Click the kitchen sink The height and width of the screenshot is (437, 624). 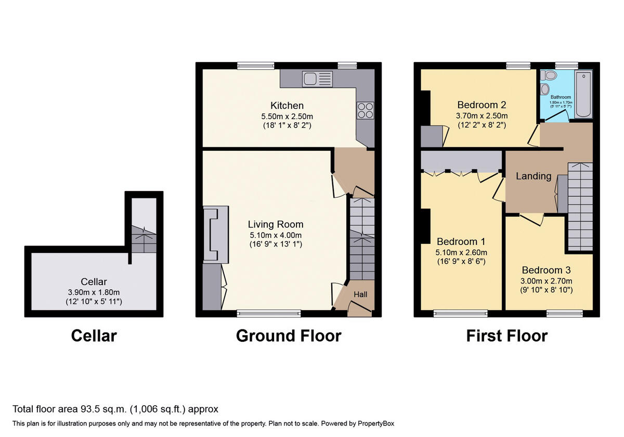[318, 80]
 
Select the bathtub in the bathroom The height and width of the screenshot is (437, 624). [583, 95]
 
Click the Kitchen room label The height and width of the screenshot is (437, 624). [287, 106]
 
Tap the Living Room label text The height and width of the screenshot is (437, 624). [276, 225]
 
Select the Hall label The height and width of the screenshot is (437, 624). [360, 294]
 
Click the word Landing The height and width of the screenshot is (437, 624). [534, 176]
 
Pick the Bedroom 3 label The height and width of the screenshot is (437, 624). [546, 271]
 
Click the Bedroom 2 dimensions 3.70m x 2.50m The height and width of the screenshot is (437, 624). [482, 115]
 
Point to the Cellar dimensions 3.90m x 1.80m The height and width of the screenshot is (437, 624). [94, 292]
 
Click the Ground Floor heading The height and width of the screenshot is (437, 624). [289, 336]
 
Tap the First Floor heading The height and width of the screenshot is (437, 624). [506, 336]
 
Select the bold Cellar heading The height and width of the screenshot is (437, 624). [94, 336]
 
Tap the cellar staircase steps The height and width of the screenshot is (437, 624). [143, 240]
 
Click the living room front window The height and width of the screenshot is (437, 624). [269, 313]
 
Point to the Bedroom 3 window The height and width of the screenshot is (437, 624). [564, 313]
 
